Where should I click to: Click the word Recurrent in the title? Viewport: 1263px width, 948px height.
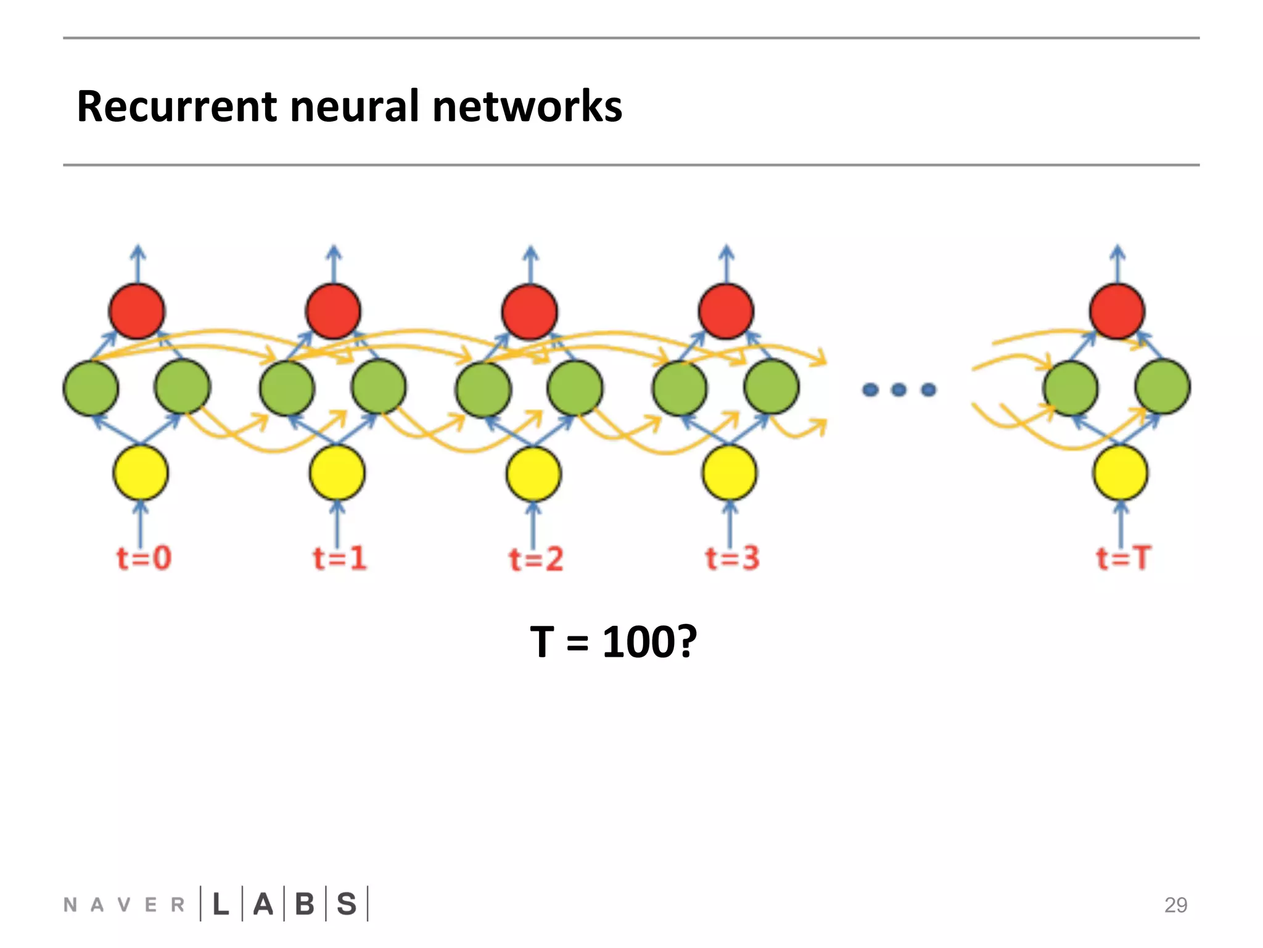pos(177,106)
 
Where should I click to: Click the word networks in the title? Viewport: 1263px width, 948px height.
pos(527,106)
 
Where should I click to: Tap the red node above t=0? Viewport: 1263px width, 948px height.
pos(137,311)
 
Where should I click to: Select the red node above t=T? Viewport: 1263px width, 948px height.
pos(1117,311)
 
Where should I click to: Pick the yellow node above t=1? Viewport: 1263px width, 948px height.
pos(337,473)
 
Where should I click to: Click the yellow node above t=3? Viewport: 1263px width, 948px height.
pos(730,473)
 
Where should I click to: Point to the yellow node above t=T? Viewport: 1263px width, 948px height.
pos(1120,473)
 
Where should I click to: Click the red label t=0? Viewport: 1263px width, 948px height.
pos(144,558)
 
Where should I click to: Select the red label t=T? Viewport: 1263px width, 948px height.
pos(1123,558)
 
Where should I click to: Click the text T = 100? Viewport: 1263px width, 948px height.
pos(613,642)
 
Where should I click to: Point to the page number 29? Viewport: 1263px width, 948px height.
pos(1175,905)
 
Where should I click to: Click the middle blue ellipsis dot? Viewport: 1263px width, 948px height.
pos(899,389)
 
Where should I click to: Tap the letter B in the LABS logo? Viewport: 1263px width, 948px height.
pos(305,904)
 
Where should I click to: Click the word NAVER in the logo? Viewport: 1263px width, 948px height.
pos(124,905)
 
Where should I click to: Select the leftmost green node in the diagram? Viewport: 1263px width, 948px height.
pos(91,388)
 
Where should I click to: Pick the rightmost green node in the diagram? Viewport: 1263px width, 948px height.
pos(1162,387)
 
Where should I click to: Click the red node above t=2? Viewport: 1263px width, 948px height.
pos(530,312)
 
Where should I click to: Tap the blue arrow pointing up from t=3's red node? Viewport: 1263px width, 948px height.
pos(726,264)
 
